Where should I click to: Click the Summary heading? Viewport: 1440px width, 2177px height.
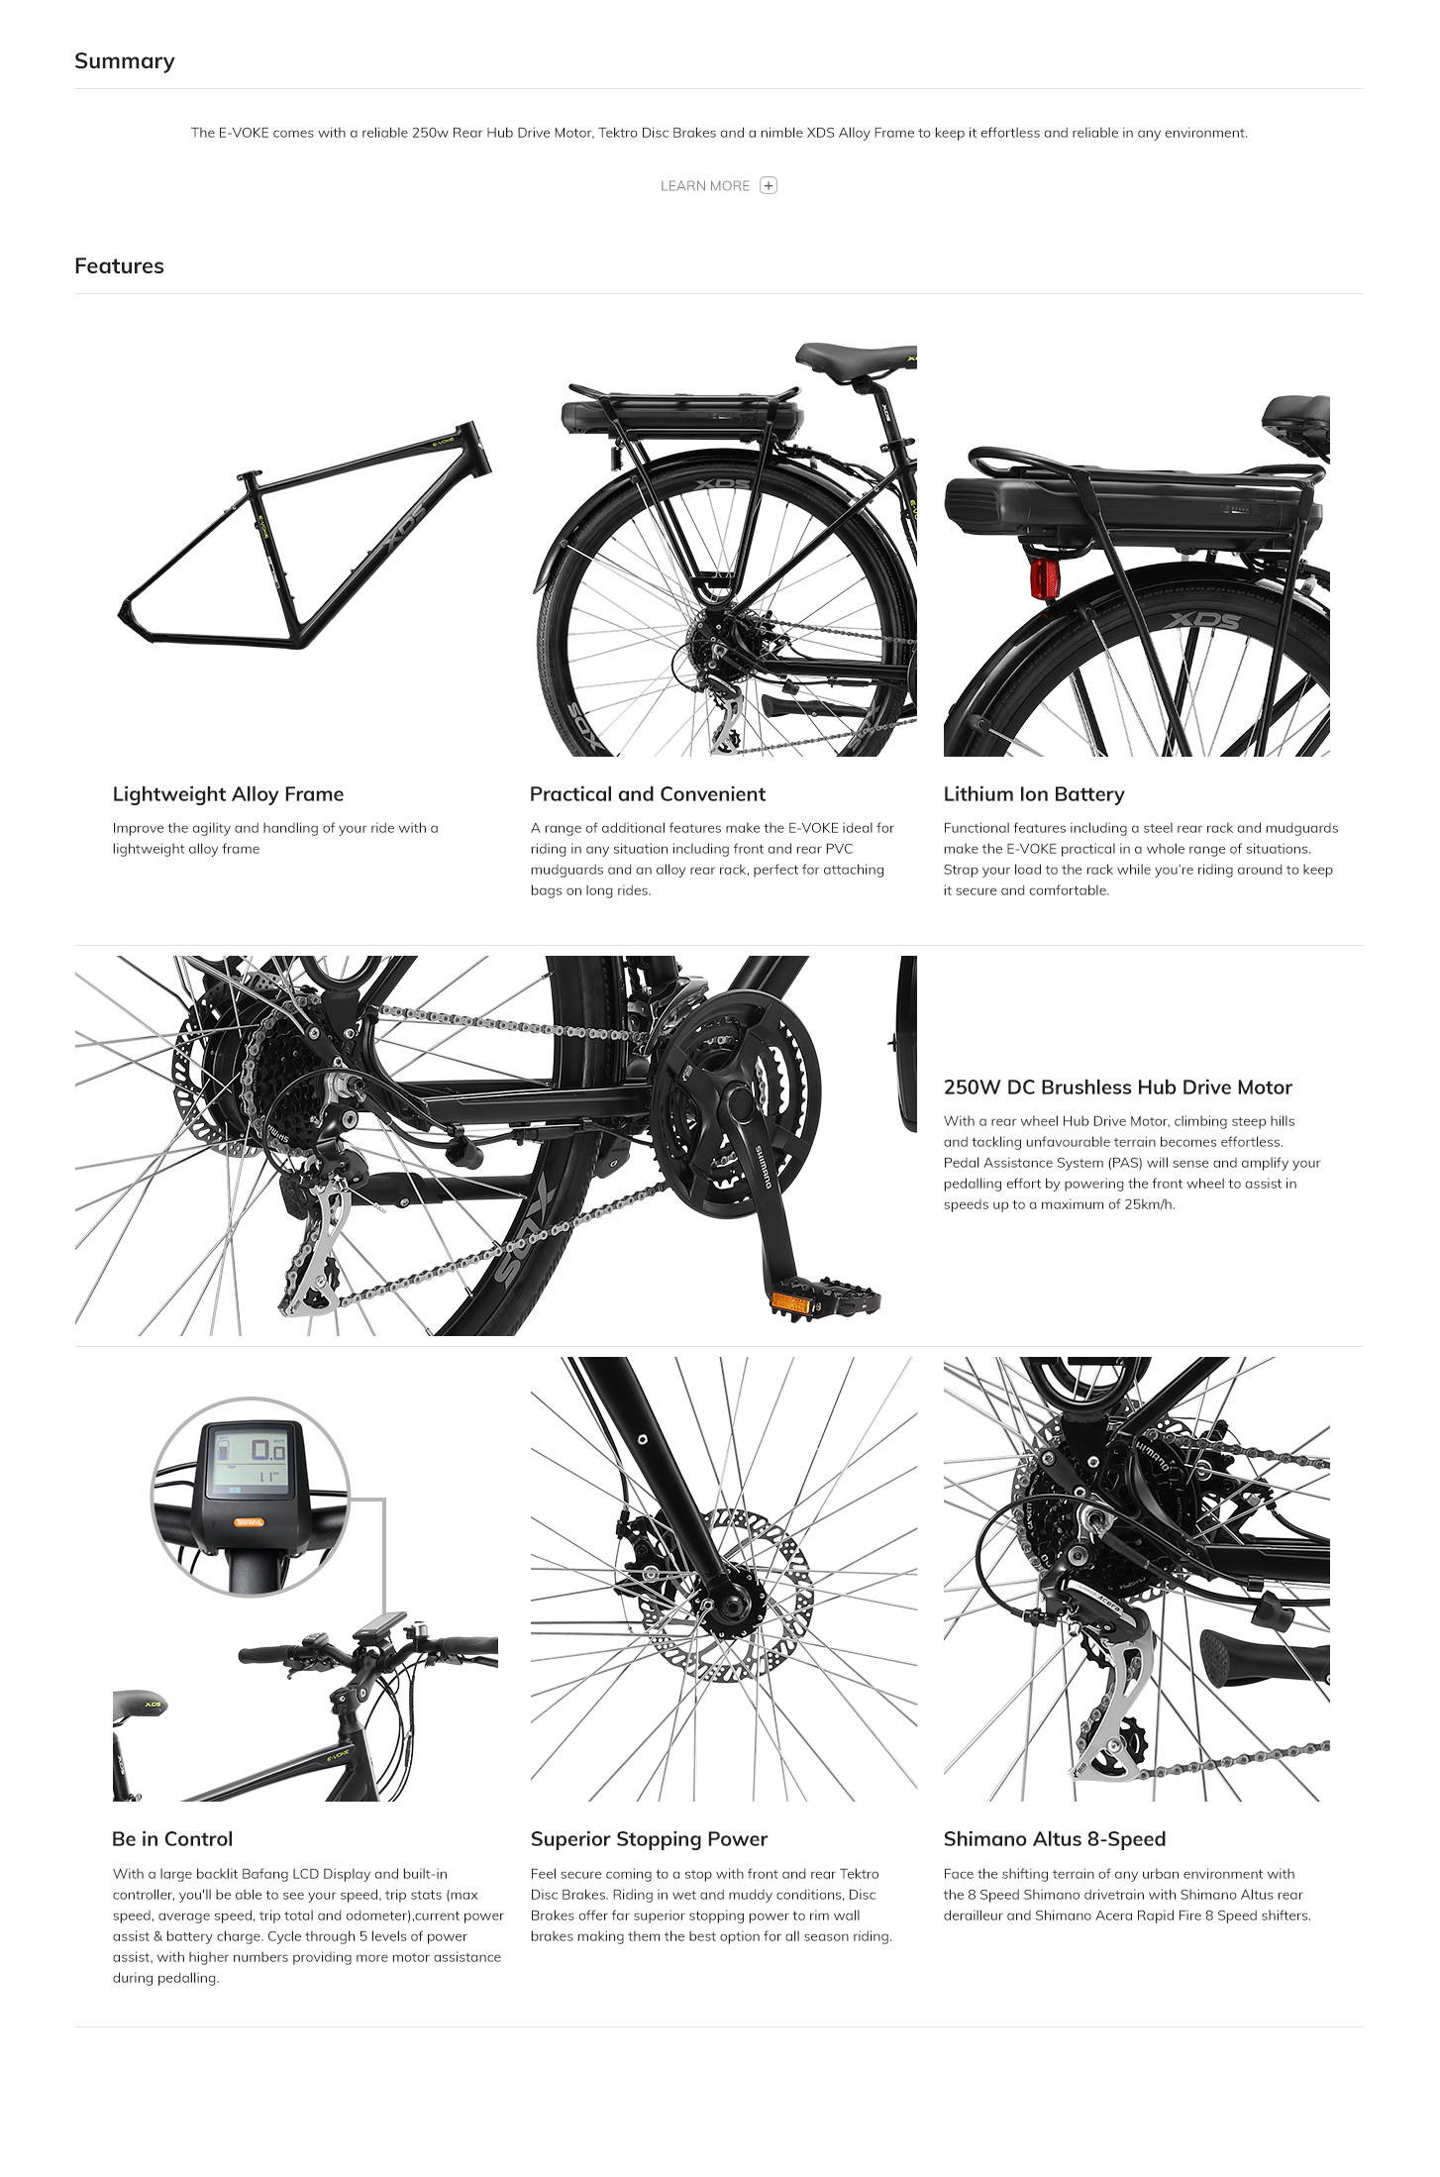click(125, 61)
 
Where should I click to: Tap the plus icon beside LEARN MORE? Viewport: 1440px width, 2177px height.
click(769, 185)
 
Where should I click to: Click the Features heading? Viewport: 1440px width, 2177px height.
click(119, 265)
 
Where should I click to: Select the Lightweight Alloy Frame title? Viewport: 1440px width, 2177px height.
click(228, 794)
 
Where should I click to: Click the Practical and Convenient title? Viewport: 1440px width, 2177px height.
click(648, 794)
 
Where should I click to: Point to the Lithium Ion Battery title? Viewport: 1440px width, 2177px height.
click(1034, 794)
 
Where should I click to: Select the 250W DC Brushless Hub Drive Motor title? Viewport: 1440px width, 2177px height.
click(1118, 1088)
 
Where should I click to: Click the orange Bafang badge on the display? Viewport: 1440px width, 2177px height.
click(249, 1522)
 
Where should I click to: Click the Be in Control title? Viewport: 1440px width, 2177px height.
click(172, 1839)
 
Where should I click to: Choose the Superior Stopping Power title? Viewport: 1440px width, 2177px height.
click(649, 1839)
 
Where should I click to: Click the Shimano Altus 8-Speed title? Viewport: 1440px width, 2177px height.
click(1055, 1839)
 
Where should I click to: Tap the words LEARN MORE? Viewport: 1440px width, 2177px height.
click(705, 186)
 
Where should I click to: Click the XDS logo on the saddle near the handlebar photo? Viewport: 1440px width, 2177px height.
click(153, 1705)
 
